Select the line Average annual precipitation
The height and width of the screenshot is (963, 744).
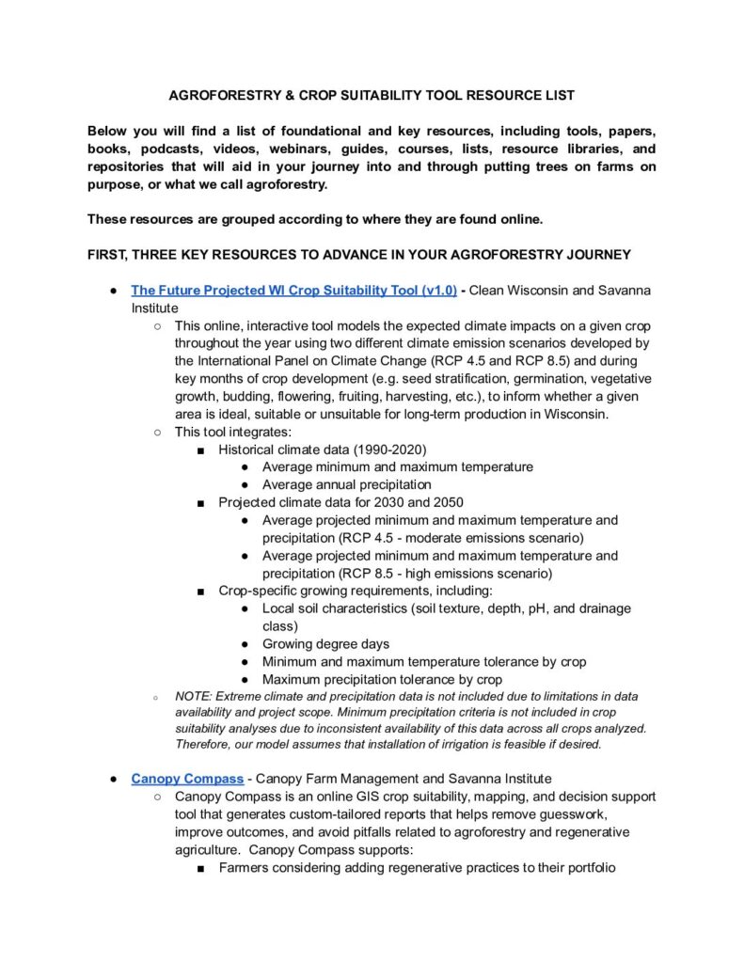click(x=346, y=484)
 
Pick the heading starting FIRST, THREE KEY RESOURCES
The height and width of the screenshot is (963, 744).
click(x=360, y=254)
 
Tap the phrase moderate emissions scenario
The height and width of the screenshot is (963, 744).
click(x=502, y=538)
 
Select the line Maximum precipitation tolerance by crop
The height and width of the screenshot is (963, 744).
click(x=382, y=679)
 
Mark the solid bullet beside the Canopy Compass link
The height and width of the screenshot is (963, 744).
click(x=111, y=779)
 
